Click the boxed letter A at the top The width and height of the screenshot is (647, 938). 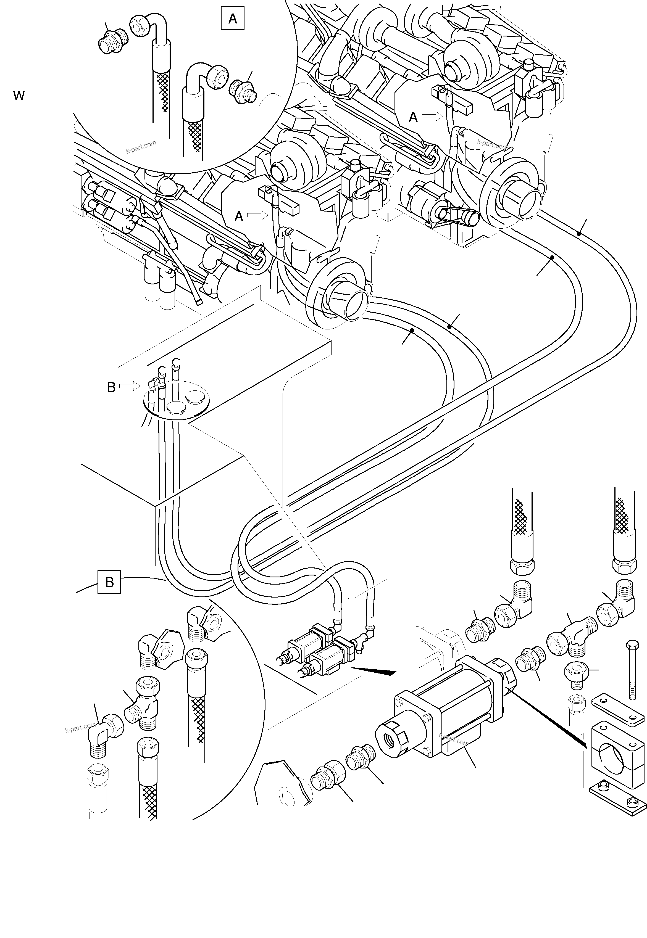pos(232,19)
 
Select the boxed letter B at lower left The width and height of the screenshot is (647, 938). pos(109,582)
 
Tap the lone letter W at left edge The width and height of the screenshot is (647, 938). pos(19,96)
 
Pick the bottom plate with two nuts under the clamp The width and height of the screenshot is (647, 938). pos(616,797)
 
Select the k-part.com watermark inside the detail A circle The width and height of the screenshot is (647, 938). pos(141,147)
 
